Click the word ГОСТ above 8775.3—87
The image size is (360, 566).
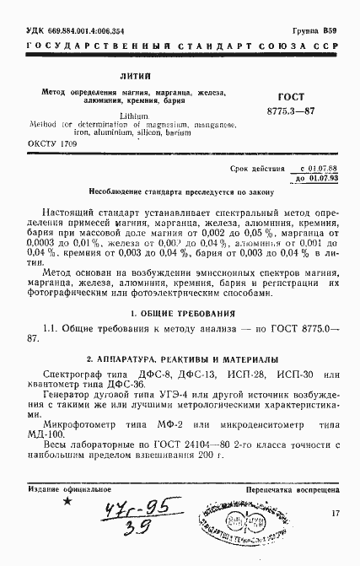coord(292,98)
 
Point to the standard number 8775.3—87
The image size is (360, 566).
coord(292,111)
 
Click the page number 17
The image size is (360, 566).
coord(335,513)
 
